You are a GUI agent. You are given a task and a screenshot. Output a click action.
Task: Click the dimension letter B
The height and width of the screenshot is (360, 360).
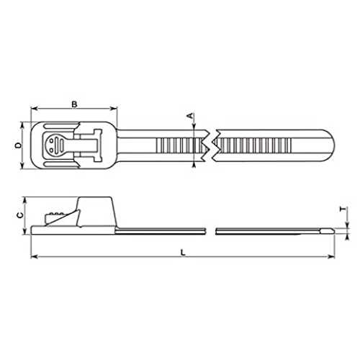[x=74, y=104]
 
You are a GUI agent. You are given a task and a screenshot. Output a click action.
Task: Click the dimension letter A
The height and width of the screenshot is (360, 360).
[x=190, y=116]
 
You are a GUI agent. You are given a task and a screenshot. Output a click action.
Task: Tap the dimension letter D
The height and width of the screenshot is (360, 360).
[x=18, y=145]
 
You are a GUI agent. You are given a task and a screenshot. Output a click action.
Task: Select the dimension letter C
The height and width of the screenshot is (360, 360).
[x=21, y=215]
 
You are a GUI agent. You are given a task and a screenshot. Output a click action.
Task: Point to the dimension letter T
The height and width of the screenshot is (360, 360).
[x=343, y=210]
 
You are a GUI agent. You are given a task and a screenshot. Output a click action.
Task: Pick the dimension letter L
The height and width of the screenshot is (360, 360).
[x=183, y=252]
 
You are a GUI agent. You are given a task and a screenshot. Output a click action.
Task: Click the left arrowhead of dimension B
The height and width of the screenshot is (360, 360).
[x=35, y=109]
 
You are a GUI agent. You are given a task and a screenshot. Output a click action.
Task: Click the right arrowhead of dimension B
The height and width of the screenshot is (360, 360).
[x=114, y=109]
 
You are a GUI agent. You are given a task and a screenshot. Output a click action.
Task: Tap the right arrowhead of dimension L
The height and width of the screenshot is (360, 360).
[x=331, y=257]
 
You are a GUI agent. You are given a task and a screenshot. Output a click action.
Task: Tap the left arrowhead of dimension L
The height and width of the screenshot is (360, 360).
[x=35, y=257]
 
